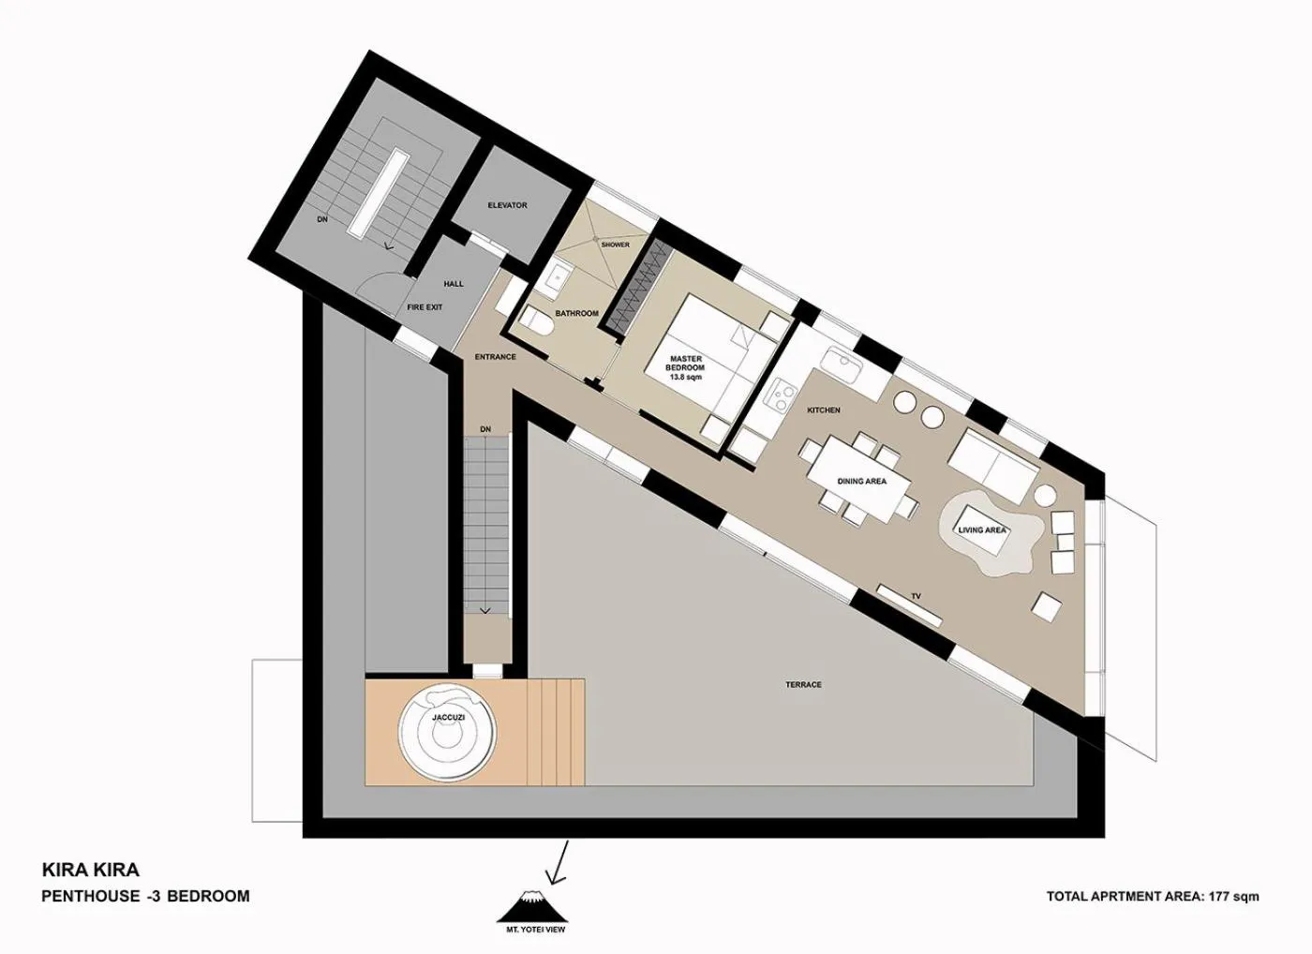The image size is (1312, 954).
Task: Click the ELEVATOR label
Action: tap(507, 205)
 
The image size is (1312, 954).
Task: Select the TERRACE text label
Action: tap(803, 685)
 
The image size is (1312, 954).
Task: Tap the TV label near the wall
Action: tap(917, 595)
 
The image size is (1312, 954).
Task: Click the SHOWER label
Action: tap(615, 245)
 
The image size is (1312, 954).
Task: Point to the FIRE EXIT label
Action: tap(424, 307)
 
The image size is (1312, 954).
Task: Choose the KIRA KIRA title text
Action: tap(91, 871)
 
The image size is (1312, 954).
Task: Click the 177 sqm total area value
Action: tap(1233, 897)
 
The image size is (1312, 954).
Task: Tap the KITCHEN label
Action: tap(824, 410)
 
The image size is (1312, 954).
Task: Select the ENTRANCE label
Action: tap(495, 357)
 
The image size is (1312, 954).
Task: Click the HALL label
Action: tap(454, 284)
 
